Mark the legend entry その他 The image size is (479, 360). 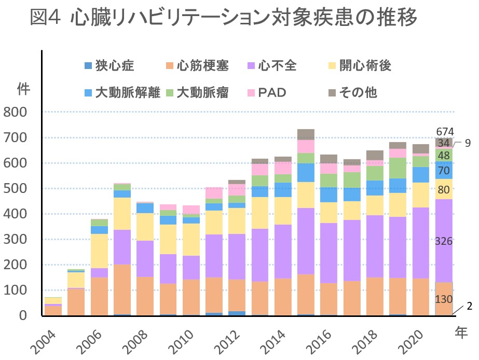tap(358, 93)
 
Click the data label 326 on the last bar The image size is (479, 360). tap(445, 241)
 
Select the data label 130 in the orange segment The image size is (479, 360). tap(444, 299)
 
